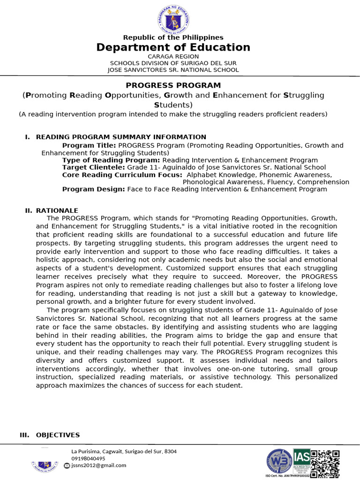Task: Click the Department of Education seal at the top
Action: click(x=173, y=19)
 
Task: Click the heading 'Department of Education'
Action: click(x=173, y=47)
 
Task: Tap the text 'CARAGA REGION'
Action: click(x=173, y=56)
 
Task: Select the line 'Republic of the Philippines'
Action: click(x=173, y=37)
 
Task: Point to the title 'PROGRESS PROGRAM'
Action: click(x=173, y=85)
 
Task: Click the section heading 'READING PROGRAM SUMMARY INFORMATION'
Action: click(x=121, y=137)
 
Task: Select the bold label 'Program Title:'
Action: click(x=90, y=145)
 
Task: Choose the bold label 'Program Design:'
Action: click(x=93, y=189)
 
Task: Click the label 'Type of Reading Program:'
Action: click(x=111, y=160)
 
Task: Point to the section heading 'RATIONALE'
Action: click(x=57, y=211)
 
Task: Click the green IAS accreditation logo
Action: click(x=301, y=461)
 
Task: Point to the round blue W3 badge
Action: click(x=279, y=462)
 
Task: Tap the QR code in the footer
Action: click(x=325, y=464)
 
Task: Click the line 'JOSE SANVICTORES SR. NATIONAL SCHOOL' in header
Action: click(x=173, y=70)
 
